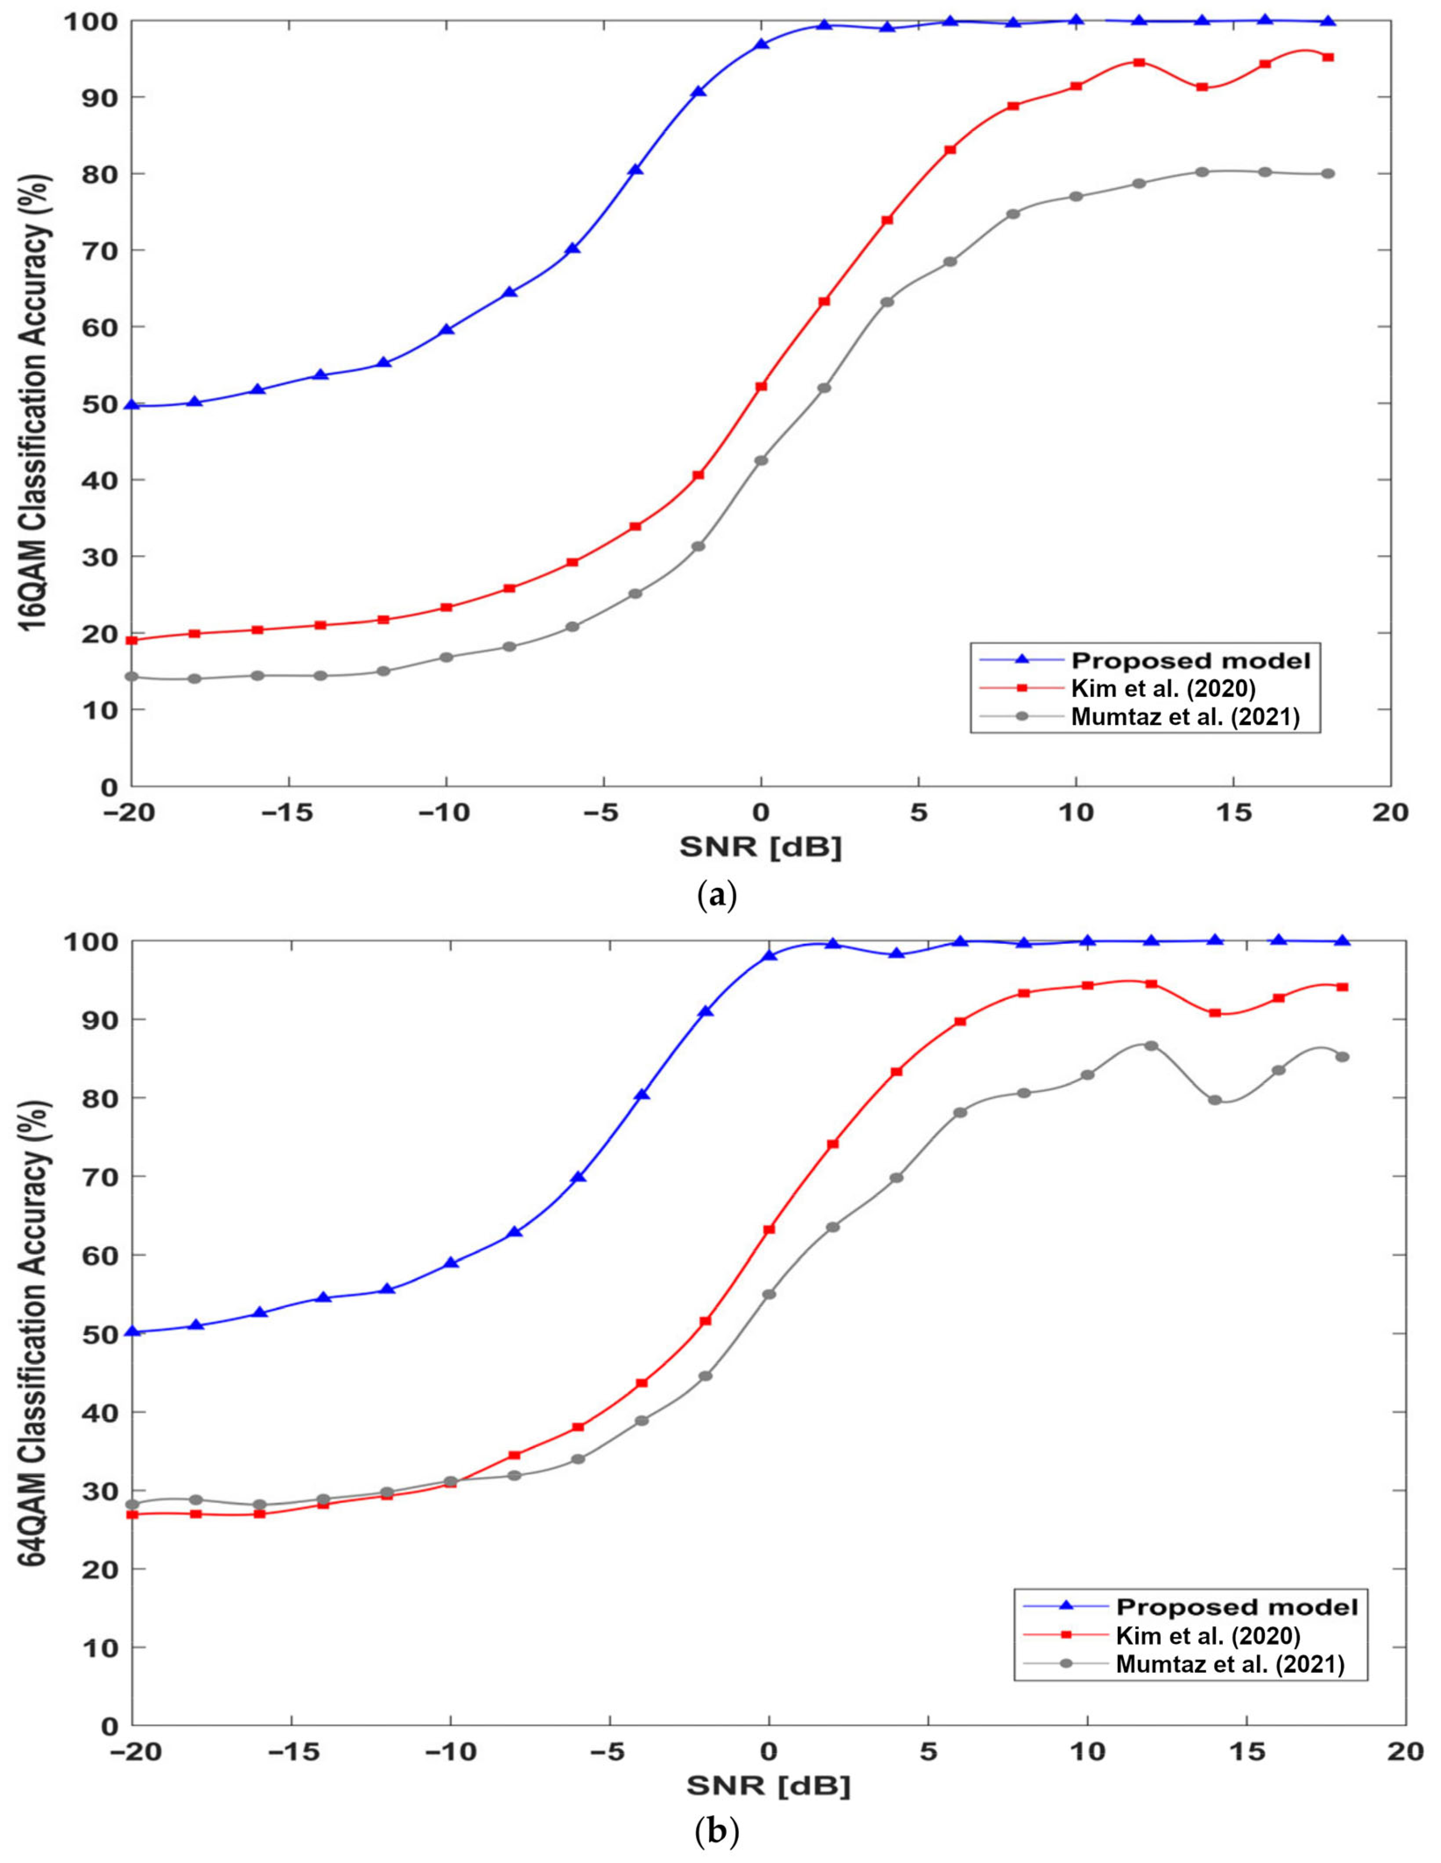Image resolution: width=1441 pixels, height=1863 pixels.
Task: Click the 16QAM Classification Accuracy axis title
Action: pos(36,402)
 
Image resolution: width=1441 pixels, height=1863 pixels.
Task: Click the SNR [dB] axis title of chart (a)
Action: pos(761,848)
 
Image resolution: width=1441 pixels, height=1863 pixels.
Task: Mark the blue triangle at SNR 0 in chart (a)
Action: pos(762,44)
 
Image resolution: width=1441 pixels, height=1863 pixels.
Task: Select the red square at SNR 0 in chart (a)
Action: pos(762,386)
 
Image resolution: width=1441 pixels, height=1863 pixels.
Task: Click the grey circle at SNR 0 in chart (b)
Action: pos(769,1294)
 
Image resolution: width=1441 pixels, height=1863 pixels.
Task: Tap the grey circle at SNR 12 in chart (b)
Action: pos(1151,1046)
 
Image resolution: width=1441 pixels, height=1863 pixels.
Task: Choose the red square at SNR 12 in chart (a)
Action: pos(1139,62)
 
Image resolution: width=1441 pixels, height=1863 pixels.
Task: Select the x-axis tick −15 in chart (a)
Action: pos(288,812)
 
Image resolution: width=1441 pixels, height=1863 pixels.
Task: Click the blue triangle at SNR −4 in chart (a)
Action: pos(635,170)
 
